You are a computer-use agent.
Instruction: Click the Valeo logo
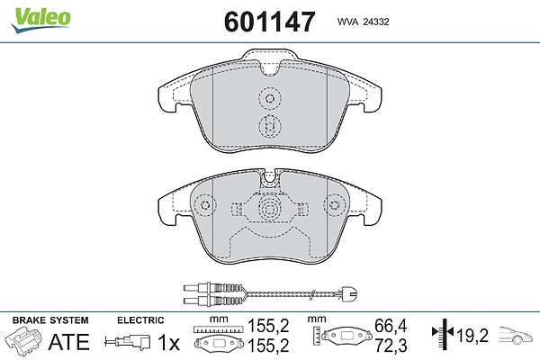click(40, 20)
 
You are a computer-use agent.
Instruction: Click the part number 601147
click(269, 22)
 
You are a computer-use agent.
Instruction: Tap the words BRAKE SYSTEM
click(50, 320)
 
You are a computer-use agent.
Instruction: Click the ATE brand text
click(69, 342)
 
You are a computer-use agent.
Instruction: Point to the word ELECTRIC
click(140, 320)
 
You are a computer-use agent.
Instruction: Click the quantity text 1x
click(169, 342)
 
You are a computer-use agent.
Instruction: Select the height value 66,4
click(391, 326)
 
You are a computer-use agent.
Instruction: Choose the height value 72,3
click(391, 346)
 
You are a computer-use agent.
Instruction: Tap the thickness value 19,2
click(472, 335)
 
